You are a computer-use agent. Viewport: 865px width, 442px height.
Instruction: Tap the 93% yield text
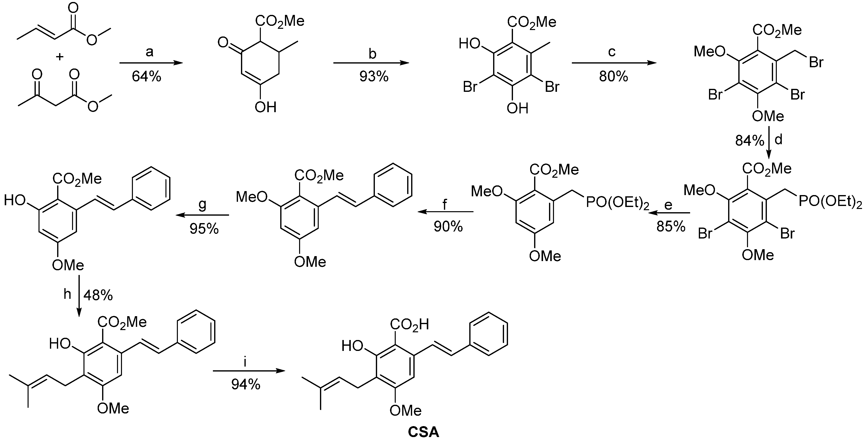(x=374, y=77)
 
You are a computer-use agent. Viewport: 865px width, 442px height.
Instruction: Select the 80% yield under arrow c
(x=614, y=77)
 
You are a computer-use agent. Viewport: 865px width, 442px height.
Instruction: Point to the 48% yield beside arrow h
(x=98, y=295)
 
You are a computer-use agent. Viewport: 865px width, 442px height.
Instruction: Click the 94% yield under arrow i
(x=245, y=384)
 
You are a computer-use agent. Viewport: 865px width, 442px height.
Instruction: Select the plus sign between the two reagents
(x=60, y=57)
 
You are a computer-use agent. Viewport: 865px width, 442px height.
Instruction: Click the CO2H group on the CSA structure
(x=409, y=325)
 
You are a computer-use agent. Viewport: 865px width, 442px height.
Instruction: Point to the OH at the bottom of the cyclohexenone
(x=265, y=107)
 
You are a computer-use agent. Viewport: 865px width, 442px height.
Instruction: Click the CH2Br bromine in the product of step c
(x=816, y=62)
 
